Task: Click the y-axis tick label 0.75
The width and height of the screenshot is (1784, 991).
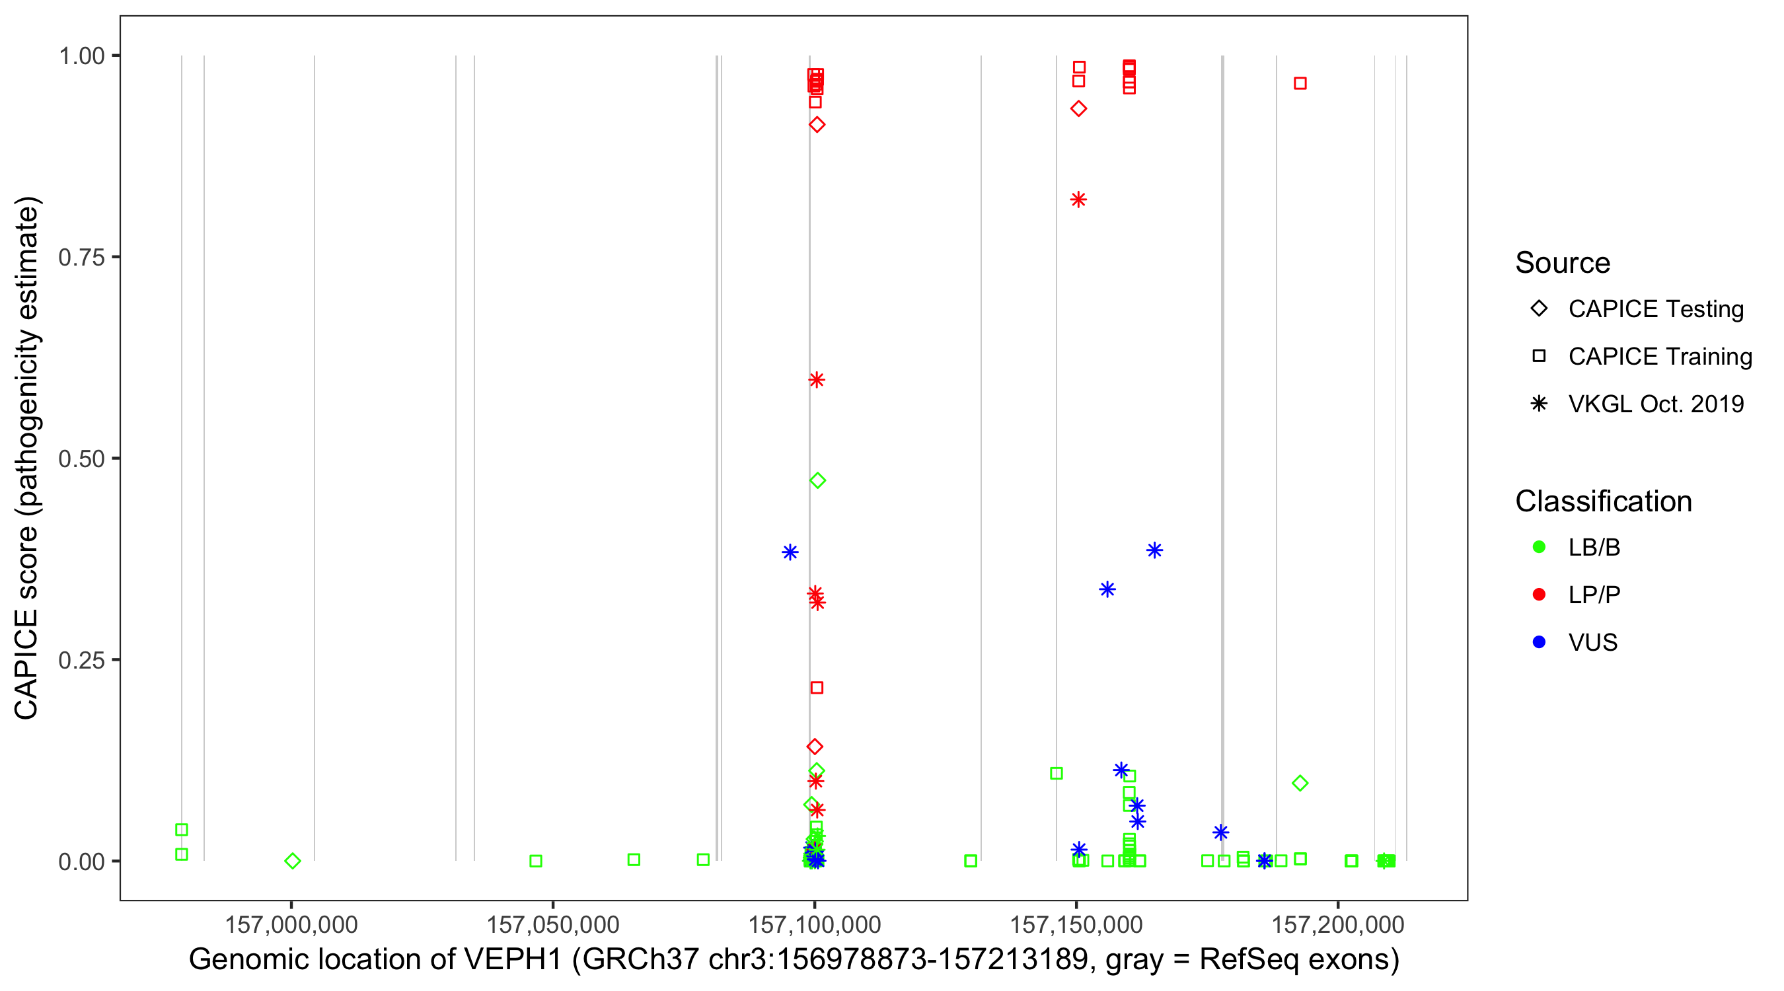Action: pyautogui.click(x=81, y=257)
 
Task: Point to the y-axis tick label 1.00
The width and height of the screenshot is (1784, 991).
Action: pyautogui.click(x=81, y=55)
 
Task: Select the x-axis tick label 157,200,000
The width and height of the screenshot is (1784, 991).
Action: pyautogui.click(x=1337, y=924)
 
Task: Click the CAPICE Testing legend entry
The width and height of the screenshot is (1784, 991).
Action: pyautogui.click(x=1655, y=309)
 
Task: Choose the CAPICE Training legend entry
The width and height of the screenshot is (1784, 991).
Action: pyautogui.click(x=1659, y=357)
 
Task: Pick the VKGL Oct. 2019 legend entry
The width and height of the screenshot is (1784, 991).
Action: pyautogui.click(x=1655, y=404)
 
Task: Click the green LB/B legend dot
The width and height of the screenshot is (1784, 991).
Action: pyautogui.click(x=1539, y=547)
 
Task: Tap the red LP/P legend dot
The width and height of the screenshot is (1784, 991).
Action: pyautogui.click(x=1539, y=595)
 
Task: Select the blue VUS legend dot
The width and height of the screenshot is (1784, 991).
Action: pyautogui.click(x=1539, y=643)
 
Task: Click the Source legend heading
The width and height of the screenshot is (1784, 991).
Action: pyautogui.click(x=1562, y=263)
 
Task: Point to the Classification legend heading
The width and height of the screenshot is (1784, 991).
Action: pyautogui.click(x=1602, y=501)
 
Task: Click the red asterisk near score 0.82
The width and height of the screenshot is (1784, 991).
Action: pyautogui.click(x=1078, y=200)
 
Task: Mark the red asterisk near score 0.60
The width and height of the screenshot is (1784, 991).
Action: pyautogui.click(x=817, y=379)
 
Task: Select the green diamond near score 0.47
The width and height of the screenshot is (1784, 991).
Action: pyautogui.click(x=817, y=480)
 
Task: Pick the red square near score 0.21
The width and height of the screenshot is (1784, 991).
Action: pyautogui.click(x=817, y=688)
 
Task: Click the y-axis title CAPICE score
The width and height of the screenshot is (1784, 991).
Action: pyautogui.click(x=26, y=623)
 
